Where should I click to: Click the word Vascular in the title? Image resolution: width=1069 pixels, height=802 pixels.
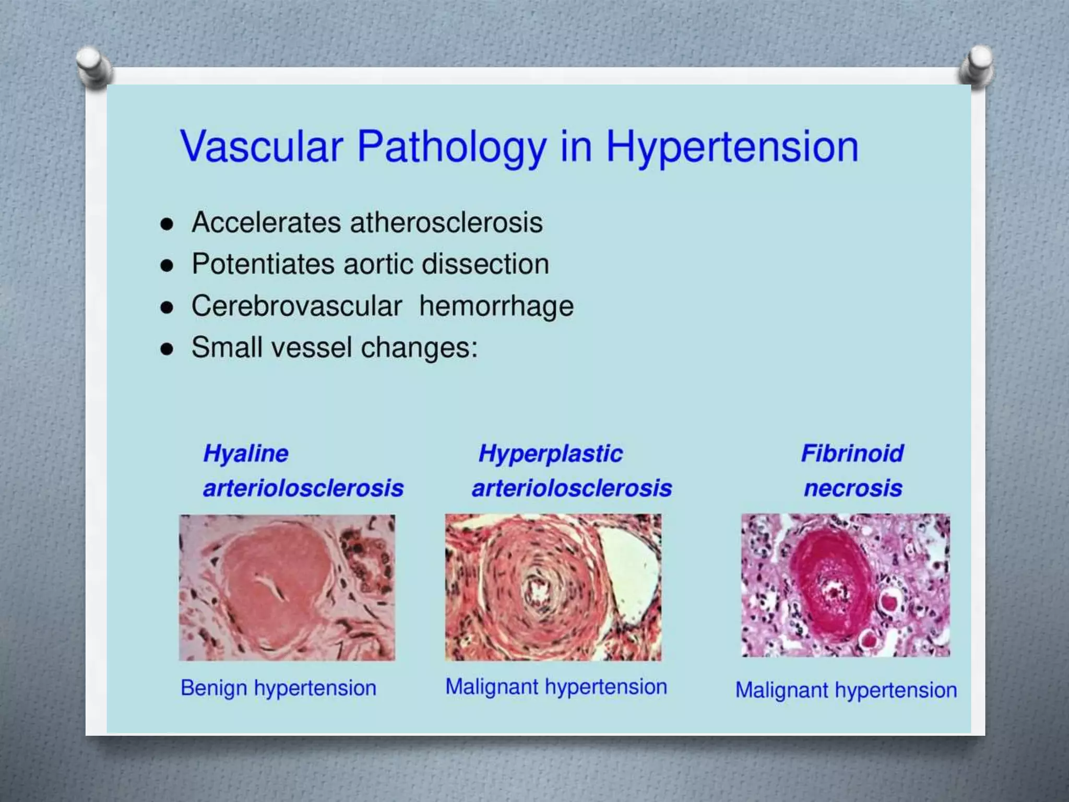(261, 146)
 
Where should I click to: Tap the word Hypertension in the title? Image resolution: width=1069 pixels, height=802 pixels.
(732, 147)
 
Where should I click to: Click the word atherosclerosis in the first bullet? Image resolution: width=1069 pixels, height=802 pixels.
(446, 223)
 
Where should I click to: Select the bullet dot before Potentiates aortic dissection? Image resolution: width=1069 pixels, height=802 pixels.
(167, 266)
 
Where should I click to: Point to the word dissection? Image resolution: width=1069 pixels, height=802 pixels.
(485, 264)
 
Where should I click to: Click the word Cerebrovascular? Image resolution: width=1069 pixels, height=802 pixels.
(296, 306)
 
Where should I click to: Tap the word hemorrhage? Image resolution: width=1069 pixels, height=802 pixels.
(496, 306)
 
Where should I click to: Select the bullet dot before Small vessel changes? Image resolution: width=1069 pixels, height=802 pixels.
(167, 349)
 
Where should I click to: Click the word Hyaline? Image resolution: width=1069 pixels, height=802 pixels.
(246, 453)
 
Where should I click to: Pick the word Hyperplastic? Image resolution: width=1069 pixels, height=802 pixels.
(550, 454)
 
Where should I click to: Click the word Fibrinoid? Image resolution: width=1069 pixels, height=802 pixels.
(852, 453)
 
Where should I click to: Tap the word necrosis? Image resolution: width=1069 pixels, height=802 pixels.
(853, 488)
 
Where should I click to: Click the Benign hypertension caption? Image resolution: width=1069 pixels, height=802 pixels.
(278, 688)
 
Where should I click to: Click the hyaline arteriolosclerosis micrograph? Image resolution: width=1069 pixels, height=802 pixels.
(287, 587)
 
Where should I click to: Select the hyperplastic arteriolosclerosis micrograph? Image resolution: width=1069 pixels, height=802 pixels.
(553, 587)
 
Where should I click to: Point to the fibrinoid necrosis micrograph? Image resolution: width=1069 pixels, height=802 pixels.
(846, 585)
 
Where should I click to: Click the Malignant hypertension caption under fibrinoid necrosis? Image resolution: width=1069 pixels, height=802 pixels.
(846, 690)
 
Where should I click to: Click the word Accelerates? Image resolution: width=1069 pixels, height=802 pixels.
(266, 223)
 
